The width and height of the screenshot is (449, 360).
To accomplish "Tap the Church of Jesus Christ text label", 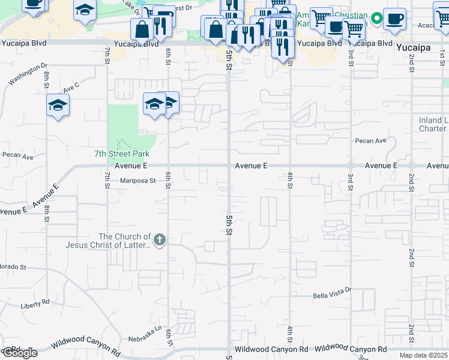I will (125, 241).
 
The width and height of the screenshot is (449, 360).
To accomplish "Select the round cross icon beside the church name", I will (159, 241).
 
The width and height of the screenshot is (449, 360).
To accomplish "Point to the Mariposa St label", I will (137, 180).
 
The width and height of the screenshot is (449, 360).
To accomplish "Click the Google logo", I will (19, 353).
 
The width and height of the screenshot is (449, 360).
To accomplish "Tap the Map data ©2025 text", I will (423, 355).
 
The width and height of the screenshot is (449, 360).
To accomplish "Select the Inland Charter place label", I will (433, 124).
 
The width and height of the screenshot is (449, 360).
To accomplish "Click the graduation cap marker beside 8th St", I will (58, 106).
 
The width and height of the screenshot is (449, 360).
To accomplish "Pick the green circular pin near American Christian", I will (376, 19).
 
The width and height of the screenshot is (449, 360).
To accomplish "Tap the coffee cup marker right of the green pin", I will (394, 18).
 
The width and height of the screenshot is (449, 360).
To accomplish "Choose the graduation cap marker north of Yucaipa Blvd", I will (85, 10).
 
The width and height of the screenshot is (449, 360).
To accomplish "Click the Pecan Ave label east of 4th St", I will (370, 141).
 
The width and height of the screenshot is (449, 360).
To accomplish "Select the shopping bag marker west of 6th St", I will (142, 28).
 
